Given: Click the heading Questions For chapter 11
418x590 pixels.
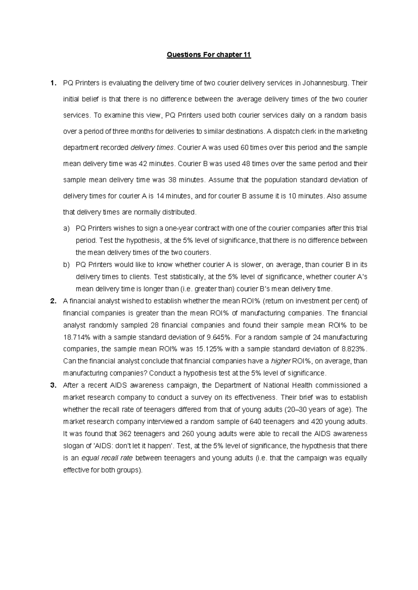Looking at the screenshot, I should pyautogui.click(x=209, y=55).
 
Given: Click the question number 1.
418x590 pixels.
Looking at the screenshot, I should pyautogui.click(x=52, y=83).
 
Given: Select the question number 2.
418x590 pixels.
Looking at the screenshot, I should pyautogui.click(x=53, y=301).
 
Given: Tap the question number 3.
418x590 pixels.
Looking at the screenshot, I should pyautogui.click(x=53, y=385).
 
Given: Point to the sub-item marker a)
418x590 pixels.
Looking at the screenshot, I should pyautogui.click(x=66, y=229).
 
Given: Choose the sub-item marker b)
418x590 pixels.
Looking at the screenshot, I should pyautogui.click(x=66, y=265).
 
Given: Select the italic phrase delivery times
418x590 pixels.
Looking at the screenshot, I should pyautogui.click(x=152, y=147).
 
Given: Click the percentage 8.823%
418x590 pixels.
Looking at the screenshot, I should pyautogui.click(x=354, y=349).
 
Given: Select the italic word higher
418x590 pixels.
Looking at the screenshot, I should pyautogui.click(x=280, y=361).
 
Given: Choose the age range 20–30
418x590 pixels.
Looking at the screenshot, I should pyautogui.click(x=296, y=409).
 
